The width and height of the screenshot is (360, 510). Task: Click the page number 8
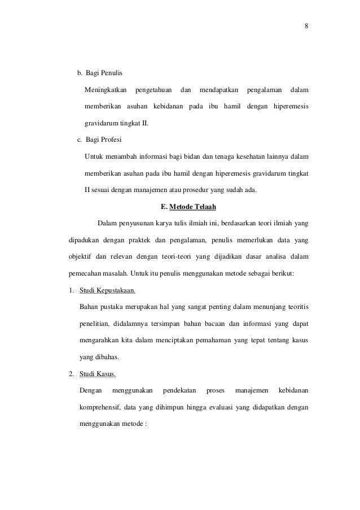306,26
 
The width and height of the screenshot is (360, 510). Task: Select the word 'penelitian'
96,325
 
